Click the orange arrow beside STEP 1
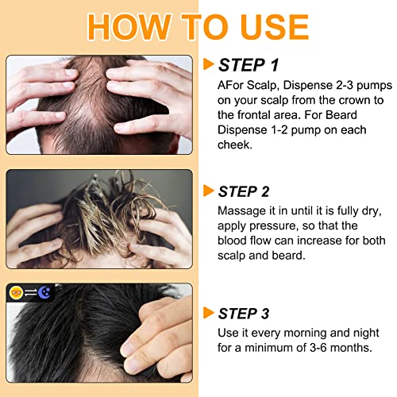pyautogui.click(x=209, y=64)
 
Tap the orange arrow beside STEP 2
pyautogui.click(x=209, y=190)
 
